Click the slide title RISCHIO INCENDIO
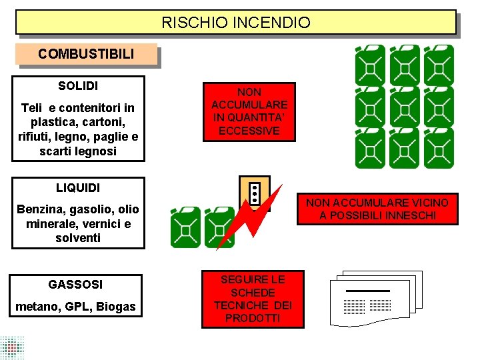pos(236,23)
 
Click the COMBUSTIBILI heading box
pos(86,54)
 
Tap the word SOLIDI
pos(78,86)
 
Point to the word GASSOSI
pos(75,285)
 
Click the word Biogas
pos(117,307)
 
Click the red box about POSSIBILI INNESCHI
pos(377,209)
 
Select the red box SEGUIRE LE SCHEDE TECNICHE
pos(253,299)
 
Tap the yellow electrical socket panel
pos(255,193)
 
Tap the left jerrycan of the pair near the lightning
pos(185,227)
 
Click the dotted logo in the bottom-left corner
pos(12,347)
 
